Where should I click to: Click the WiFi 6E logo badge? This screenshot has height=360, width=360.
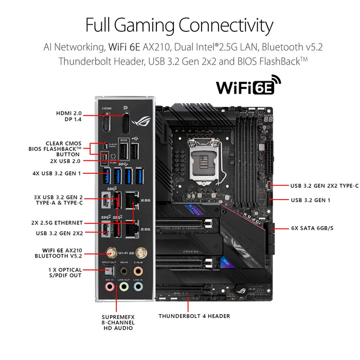pos(248,85)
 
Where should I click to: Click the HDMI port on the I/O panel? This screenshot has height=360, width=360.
pos(107,123)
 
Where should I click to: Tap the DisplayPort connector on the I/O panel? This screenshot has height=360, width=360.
pos(125,123)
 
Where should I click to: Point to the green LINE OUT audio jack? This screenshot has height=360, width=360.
pos(123,285)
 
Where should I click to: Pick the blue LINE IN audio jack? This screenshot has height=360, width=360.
pos(138,285)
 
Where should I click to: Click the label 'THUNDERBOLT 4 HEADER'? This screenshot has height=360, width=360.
pos(194,316)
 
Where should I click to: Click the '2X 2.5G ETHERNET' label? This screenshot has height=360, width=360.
pos(56,223)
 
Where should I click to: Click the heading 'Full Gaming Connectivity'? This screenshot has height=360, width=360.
pos(179,25)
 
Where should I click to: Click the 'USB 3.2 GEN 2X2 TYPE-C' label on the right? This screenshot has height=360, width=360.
pos(324,186)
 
